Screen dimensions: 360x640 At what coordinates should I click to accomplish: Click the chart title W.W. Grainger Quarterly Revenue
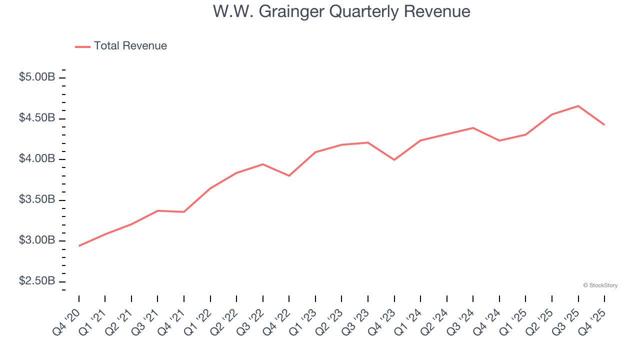[x=341, y=11]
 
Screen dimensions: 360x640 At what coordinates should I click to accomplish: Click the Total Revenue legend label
[x=130, y=46]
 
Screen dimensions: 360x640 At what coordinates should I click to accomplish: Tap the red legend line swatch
[x=82, y=46]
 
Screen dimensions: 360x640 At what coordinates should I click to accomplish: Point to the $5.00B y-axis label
[x=37, y=77]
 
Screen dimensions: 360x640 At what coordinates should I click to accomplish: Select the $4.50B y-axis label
[x=37, y=118]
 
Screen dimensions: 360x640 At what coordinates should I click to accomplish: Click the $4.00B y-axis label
[x=37, y=159]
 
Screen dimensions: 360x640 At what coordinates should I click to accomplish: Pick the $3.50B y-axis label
[x=37, y=199]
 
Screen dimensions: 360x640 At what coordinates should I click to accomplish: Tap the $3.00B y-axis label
[x=37, y=240]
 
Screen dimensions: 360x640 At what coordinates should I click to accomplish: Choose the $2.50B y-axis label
[x=37, y=281]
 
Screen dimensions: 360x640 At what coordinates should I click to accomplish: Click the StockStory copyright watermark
[x=600, y=285]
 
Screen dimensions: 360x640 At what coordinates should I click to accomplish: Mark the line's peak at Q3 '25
[x=578, y=106]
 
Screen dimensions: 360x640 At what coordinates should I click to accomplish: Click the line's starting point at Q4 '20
[x=79, y=245]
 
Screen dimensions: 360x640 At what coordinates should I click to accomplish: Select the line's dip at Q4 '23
[x=394, y=159]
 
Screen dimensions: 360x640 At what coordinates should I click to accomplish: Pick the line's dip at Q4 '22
[x=289, y=175]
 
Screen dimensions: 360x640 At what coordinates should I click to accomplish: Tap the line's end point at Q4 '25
[x=604, y=124]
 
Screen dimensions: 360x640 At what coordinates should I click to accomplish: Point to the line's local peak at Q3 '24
[x=473, y=128]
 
